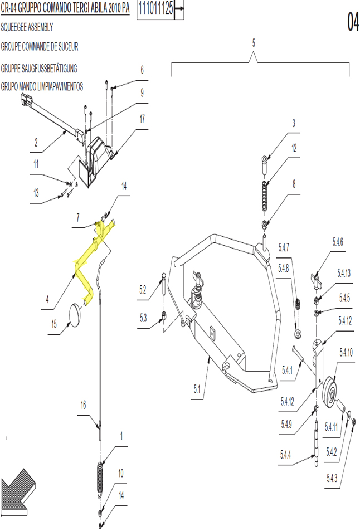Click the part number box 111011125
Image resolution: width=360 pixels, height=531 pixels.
(155, 9)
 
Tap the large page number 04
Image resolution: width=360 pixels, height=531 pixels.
(353, 22)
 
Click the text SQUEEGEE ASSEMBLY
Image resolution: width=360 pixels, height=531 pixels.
(27, 27)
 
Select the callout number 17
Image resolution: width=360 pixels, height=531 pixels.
(142, 119)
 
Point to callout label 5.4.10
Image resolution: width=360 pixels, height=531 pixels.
(346, 353)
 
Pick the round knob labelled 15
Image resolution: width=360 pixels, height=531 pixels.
(76, 315)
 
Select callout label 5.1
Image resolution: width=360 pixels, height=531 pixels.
(197, 389)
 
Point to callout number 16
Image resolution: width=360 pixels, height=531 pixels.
(83, 405)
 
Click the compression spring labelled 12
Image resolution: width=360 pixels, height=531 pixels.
(264, 196)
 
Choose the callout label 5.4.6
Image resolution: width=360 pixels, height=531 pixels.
(338, 242)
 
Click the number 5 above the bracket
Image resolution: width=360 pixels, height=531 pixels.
(254, 43)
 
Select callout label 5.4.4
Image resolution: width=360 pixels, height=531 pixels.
(285, 455)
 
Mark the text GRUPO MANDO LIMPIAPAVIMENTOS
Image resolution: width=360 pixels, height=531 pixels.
(42, 87)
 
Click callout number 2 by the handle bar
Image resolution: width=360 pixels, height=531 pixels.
(36, 142)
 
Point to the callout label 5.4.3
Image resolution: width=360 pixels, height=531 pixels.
(332, 478)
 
